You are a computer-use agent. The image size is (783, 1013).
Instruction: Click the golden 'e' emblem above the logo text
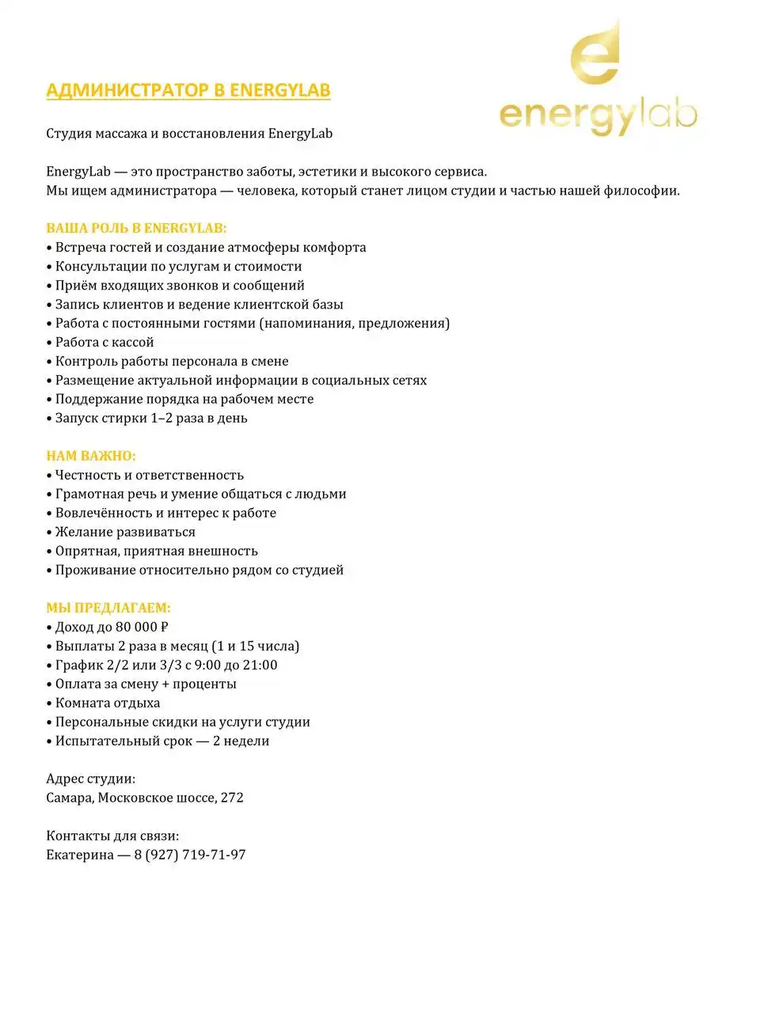[x=595, y=56]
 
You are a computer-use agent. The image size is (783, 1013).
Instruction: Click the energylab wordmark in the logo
[x=598, y=116]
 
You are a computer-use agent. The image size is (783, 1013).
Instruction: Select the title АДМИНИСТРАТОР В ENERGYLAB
[x=188, y=90]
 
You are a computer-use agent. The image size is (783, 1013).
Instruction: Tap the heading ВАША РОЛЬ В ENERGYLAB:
[x=136, y=228]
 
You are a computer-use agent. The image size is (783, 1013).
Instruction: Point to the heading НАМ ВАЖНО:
[x=91, y=456]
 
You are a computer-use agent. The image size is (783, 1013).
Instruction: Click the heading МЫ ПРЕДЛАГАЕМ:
[x=108, y=608]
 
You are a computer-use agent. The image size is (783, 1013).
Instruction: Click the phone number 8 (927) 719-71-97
[x=190, y=855]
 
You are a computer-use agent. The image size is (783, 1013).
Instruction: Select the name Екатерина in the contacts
[x=80, y=855]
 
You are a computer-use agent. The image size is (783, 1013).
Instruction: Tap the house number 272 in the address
[x=232, y=798]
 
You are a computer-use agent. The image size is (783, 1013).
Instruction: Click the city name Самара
[x=70, y=798]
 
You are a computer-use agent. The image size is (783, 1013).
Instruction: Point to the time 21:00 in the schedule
[x=260, y=665]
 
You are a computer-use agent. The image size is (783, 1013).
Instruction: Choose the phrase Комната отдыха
[x=108, y=703]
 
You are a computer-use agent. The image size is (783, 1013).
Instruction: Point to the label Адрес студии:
[x=90, y=779]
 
